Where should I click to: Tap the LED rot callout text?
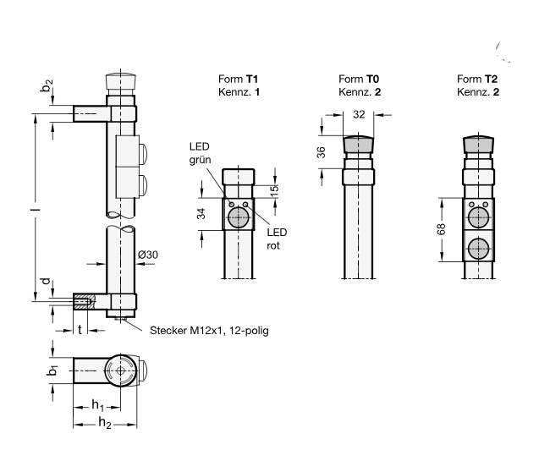277,239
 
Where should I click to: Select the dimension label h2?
102,422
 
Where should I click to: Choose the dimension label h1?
97,403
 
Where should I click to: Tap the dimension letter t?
81,328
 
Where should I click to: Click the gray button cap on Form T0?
358,145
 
